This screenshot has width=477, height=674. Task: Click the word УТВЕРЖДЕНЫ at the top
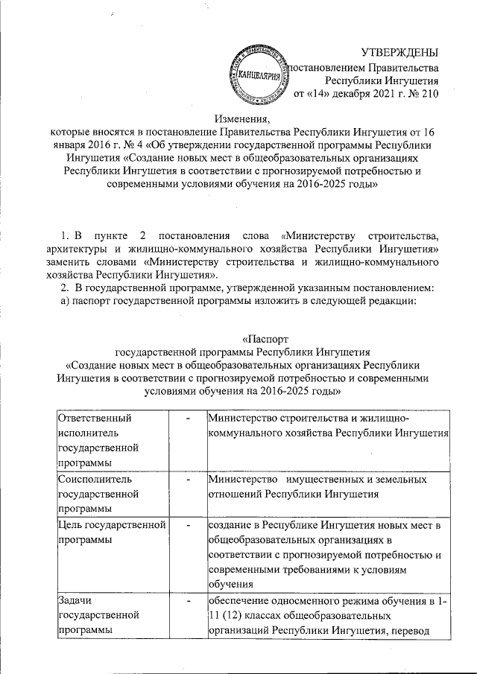399,51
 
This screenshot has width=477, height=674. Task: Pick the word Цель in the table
70,527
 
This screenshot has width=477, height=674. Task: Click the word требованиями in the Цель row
308,570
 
